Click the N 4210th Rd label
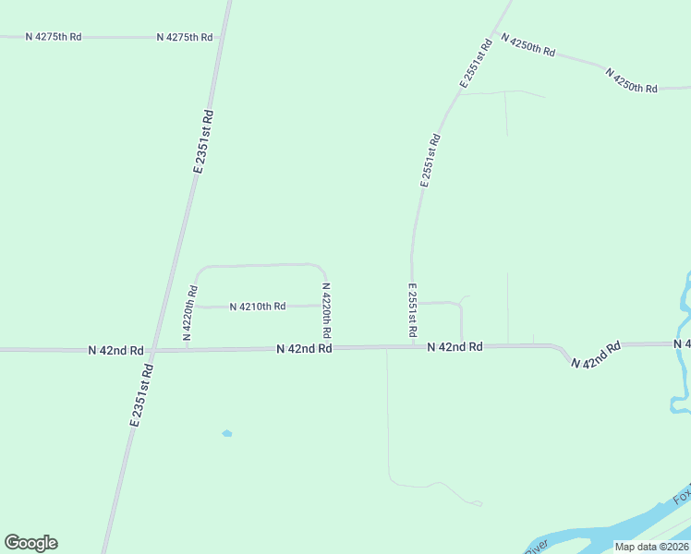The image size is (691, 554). point(258,306)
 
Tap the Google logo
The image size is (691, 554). point(30,543)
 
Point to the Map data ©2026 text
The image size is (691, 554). point(651,547)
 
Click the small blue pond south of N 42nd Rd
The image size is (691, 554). point(227,433)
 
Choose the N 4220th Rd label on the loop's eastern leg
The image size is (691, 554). point(326,309)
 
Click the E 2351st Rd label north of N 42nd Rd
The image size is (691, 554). point(204,141)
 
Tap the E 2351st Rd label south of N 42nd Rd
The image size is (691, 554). point(141,394)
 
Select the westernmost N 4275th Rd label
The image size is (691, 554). point(54,37)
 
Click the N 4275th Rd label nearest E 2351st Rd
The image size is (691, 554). point(185,37)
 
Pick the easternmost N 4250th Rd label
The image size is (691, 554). point(631,79)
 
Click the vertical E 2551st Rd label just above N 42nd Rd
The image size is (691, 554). point(412,310)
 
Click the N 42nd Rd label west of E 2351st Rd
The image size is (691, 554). point(115,350)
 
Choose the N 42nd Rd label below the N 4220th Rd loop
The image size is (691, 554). point(304,348)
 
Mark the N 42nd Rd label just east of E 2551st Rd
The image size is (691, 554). point(455,346)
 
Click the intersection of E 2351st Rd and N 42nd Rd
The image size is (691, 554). point(153,350)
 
